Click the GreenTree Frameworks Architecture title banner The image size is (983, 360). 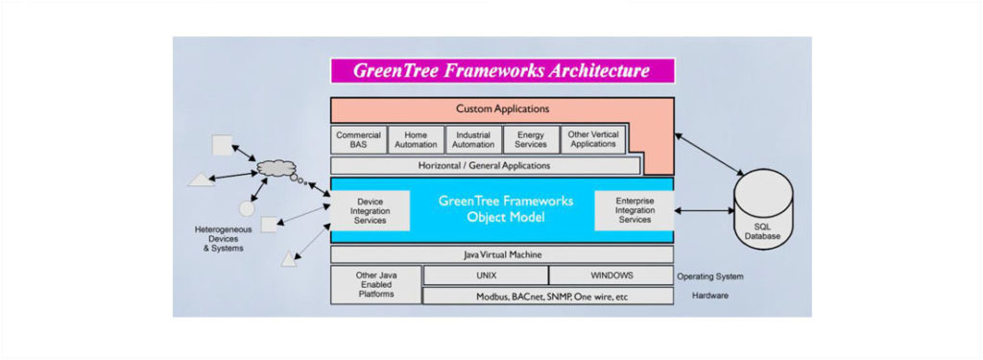coord(502,71)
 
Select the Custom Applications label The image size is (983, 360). coord(502,109)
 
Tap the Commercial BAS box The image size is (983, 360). coord(358,140)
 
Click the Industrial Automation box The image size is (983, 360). coord(473,140)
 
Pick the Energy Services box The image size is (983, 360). coord(530,140)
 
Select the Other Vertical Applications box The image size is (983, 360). coord(592,139)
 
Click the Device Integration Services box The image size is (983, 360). coord(370,209)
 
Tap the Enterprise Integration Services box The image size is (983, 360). coord(635,209)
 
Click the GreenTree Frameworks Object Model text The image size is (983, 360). coord(505,209)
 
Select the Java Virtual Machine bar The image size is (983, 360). coord(502,254)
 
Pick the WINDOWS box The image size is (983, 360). coord(611,276)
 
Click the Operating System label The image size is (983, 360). coord(709,276)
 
